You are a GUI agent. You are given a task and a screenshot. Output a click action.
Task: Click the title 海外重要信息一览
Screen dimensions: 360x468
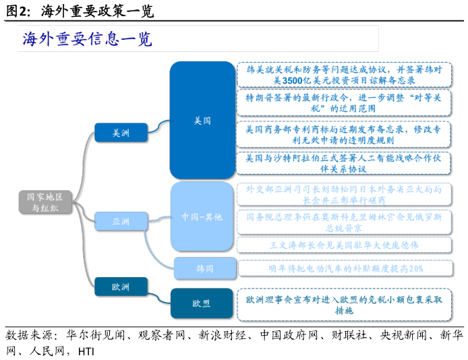(88, 39)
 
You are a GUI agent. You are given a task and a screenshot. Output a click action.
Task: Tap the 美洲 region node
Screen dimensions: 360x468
(121, 133)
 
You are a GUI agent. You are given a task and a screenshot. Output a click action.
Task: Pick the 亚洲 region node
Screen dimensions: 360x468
(121, 220)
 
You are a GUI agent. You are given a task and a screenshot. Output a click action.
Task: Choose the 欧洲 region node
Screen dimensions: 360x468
(121, 287)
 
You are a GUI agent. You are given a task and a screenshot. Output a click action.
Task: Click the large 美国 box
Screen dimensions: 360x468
(202, 121)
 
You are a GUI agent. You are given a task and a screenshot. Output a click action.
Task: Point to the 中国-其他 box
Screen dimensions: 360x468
(202, 216)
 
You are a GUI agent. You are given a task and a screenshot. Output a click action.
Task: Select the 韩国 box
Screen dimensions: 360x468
(205, 268)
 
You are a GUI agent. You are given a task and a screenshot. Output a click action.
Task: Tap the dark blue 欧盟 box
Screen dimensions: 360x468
(202, 303)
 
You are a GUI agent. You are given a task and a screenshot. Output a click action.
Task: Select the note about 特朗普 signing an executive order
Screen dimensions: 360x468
(344, 103)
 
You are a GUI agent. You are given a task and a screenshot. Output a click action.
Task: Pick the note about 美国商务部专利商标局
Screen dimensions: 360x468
(344, 134)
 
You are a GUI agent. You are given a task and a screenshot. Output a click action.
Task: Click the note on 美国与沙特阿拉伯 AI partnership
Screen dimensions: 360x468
(344, 164)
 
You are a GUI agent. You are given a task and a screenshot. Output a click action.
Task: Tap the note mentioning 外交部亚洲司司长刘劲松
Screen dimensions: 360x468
(344, 195)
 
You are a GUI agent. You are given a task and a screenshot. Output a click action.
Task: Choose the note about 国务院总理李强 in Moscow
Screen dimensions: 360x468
(344, 222)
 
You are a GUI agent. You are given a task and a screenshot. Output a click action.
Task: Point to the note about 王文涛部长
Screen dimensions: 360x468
(344, 245)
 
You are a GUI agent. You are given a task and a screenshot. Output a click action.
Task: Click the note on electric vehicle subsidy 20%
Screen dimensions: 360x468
(344, 268)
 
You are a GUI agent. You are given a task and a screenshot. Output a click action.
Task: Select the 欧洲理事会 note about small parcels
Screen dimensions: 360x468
(344, 305)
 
